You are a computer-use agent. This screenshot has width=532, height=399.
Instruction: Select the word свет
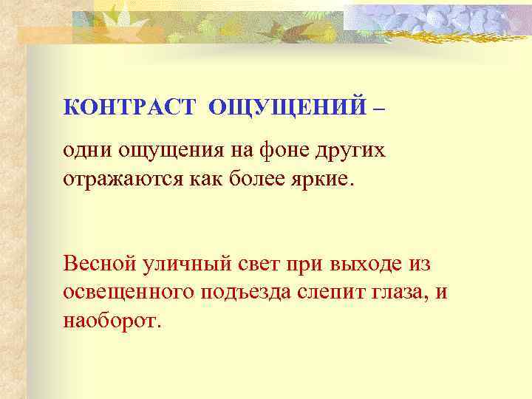click(x=258, y=264)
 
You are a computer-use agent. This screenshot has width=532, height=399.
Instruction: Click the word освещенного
click(x=128, y=293)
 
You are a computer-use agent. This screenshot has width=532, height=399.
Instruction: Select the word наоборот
click(x=111, y=322)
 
